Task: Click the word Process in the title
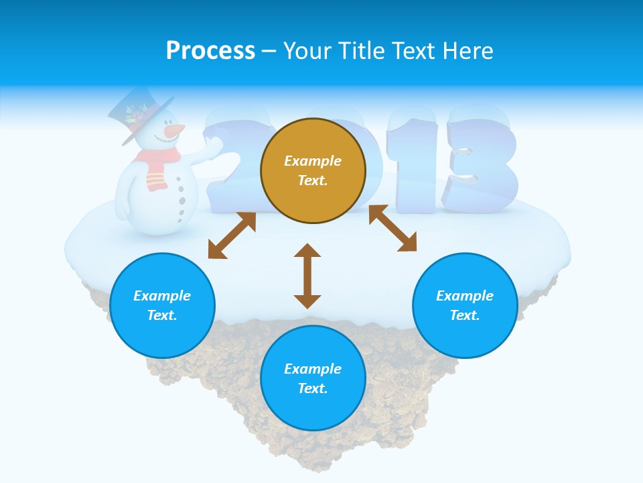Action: pos(210,51)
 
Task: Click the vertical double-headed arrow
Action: pos(307,276)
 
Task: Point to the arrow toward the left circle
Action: pos(232,235)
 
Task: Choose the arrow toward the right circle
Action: pos(393,228)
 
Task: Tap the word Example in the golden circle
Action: pos(313,161)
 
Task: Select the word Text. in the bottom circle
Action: pos(313,388)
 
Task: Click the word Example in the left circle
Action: pos(162,296)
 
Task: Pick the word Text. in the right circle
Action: pos(465,315)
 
